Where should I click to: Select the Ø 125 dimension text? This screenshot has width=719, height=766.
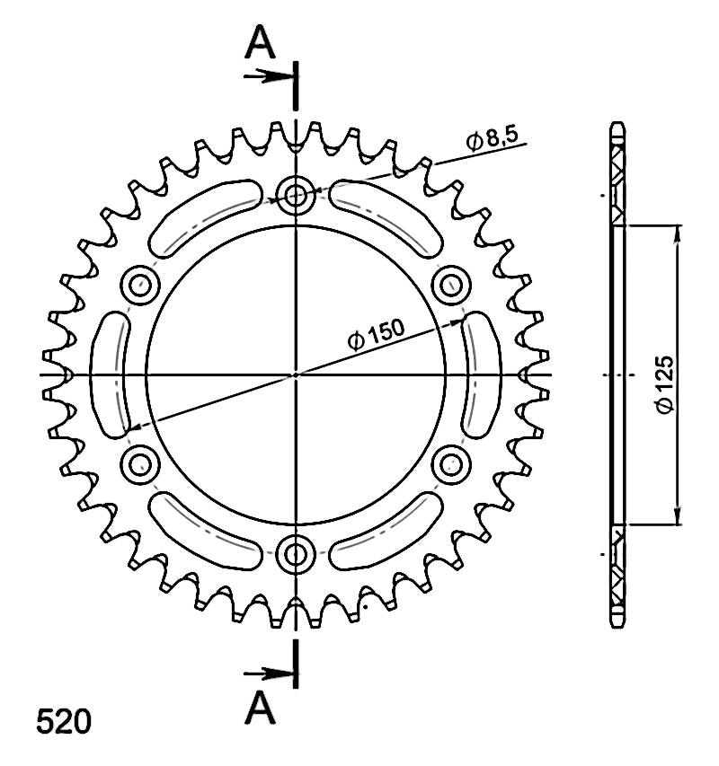tap(665, 384)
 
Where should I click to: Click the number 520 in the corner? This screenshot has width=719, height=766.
tap(64, 721)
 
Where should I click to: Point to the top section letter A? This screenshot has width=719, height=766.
tap(260, 43)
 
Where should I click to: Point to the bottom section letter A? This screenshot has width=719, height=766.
tap(260, 707)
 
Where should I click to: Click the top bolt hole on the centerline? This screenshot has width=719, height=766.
tap(295, 196)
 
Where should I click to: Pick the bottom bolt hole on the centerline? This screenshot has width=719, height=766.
tap(295, 554)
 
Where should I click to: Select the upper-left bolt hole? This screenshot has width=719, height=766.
tap(140, 286)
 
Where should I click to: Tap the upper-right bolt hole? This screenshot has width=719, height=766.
tap(451, 286)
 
